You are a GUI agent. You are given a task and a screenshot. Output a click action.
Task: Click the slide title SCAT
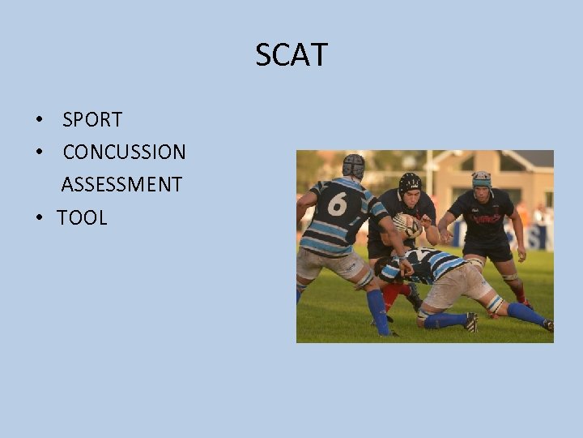[291, 55]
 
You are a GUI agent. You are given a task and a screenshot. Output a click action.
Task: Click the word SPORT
[92, 120]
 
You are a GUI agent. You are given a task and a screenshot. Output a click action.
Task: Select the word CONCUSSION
[124, 152]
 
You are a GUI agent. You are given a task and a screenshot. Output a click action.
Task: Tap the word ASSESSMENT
[121, 185]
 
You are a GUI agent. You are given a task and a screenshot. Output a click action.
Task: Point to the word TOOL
[82, 217]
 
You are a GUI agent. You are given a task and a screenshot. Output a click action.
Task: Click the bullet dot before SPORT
[39, 121]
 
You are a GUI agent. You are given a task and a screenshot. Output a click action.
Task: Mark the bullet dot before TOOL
[39, 218]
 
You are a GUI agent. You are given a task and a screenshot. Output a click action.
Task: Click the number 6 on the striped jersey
[337, 204]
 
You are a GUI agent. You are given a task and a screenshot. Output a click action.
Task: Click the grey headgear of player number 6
[354, 165]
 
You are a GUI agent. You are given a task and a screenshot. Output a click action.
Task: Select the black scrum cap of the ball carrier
[410, 183]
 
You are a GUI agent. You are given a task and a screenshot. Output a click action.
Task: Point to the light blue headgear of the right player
[482, 178]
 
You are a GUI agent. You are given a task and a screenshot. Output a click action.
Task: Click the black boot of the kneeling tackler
[471, 322]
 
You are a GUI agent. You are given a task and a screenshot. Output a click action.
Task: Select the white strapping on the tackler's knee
[495, 303]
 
